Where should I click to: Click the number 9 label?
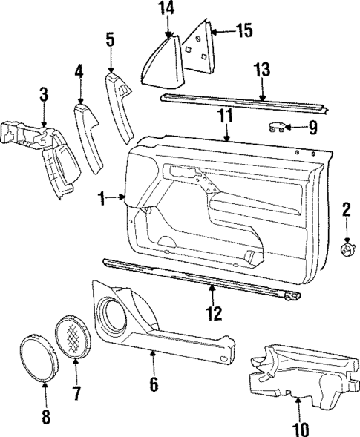(312, 128)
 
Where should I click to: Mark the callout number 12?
(213, 314)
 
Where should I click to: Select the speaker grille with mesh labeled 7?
(73, 338)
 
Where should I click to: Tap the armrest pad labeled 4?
(86, 137)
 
